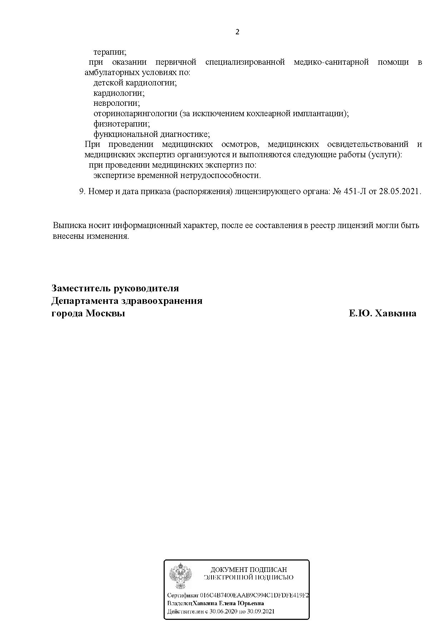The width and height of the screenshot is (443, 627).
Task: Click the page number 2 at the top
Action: (237, 32)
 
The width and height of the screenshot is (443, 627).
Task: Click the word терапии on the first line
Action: (110, 52)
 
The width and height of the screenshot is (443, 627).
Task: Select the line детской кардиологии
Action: (135, 83)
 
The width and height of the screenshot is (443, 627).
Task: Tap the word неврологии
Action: (116, 103)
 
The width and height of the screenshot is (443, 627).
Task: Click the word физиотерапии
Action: (121, 124)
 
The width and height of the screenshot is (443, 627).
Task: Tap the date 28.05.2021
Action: (400, 191)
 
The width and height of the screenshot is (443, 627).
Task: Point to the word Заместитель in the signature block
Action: (81, 288)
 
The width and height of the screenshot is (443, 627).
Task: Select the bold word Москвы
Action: (105, 313)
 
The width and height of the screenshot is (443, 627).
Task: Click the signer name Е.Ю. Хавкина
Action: (382, 313)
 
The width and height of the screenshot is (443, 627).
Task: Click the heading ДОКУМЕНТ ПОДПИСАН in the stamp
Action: (249, 569)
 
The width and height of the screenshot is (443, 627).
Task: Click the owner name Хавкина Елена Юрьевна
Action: (228, 603)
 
